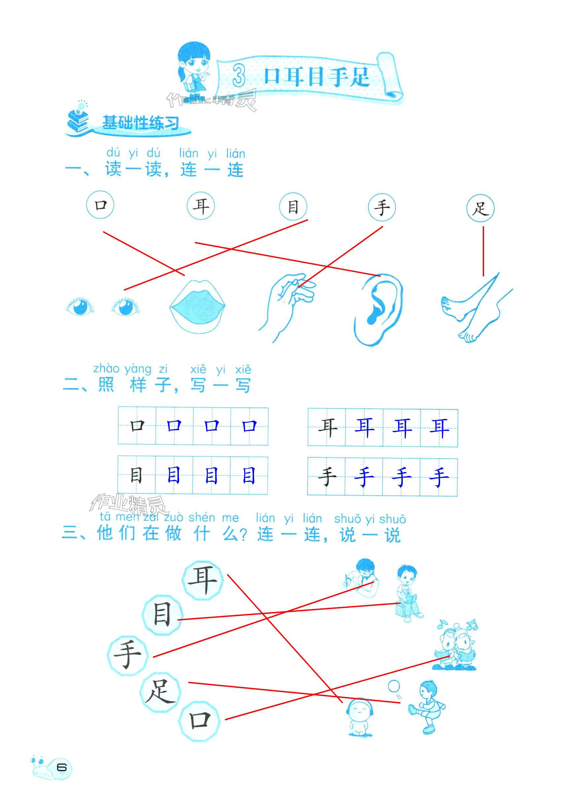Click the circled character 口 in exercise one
pos(100,204)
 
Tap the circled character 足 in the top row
pos(480,209)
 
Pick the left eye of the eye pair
pos(80,306)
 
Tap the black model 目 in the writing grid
pos(136,476)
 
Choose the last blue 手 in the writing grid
pos(438,477)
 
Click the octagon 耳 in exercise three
pos(203,579)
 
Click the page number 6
pos(62,767)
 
